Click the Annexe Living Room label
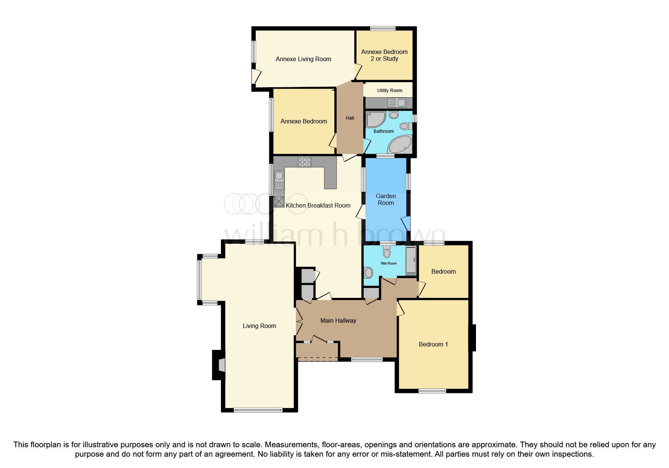pos(303,59)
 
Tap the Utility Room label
pos(389,91)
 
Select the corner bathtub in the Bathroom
pos(400,144)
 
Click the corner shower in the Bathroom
pos(376,119)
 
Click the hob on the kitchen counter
pos(304,162)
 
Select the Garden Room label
pos(386,199)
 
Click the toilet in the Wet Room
pos(387,251)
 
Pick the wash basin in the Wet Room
pos(368,272)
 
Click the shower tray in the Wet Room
pos(411,260)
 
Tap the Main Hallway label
pos(338,320)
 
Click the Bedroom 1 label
pos(433,344)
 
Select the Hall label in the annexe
pos(350,118)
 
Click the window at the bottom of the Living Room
pos(258,410)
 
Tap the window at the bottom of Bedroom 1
pos(432,391)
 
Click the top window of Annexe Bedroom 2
pos(383,28)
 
